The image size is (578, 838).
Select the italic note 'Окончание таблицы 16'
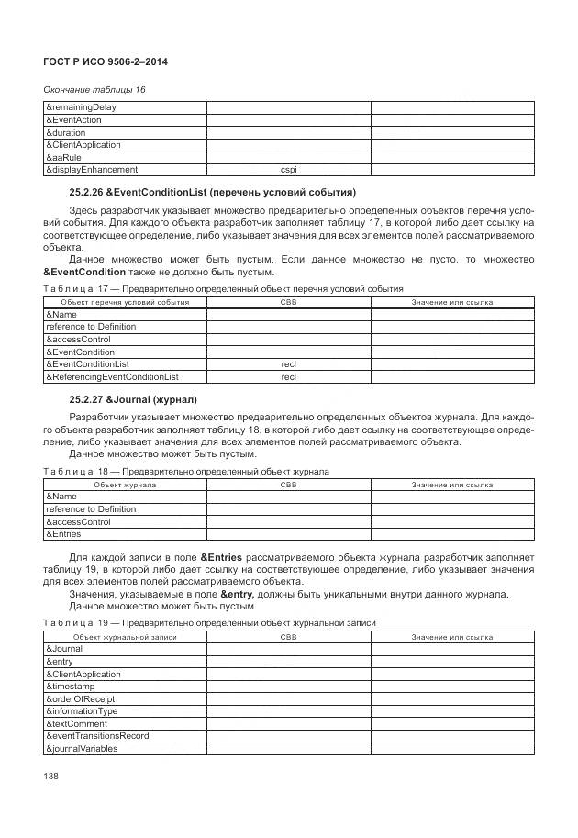pos(94,89)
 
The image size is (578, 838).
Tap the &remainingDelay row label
pos(82,107)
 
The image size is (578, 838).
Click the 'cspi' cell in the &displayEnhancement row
pos(288,170)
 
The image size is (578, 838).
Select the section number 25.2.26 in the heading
pos(86,192)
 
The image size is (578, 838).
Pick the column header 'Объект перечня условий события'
pos(125,302)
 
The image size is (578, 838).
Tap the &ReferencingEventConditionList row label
pos(112,376)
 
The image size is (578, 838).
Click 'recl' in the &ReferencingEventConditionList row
pos(288,376)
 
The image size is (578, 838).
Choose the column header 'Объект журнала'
pos(125,484)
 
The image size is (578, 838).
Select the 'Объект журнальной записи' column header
pos(125,636)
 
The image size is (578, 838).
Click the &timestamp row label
pos(70,687)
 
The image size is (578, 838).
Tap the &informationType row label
pos(82,711)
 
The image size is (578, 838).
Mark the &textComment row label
pos(75,724)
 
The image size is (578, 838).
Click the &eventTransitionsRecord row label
pos(97,736)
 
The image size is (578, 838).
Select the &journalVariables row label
pos(82,749)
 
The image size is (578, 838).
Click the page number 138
pos(51,777)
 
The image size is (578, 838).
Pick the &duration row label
pos(65,132)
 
